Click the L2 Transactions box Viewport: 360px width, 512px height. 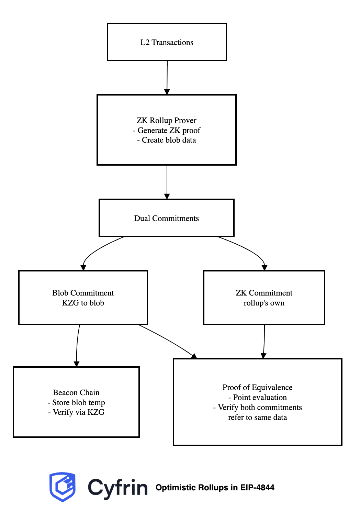coord(167,42)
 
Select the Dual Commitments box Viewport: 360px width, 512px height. coord(167,218)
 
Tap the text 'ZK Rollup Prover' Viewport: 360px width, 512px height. coord(167,120)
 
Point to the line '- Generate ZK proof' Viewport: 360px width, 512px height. coord(167,130)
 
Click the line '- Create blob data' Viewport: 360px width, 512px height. coord(167,140)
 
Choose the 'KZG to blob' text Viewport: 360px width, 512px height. coord(83,303)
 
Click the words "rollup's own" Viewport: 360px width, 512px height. coord(264,303)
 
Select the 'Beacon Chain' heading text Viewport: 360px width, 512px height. coord(76,392)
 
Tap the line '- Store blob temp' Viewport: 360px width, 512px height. coord(76,402)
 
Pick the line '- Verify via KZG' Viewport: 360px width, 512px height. coord(76,412)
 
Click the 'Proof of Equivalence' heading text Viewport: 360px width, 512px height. coord(257,387)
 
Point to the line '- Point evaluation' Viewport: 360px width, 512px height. coord(257,397)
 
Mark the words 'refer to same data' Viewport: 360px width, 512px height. coord(257,418)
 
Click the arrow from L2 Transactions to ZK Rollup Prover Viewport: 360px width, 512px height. coord(167,78)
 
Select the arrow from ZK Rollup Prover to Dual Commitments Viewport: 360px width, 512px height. coord(167,182)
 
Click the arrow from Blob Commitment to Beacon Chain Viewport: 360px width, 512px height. coord(77,345)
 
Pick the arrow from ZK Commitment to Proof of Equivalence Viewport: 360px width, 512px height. coord(264,342)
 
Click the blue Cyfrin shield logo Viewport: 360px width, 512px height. coord(63,487)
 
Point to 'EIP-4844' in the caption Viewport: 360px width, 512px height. coord(257,488)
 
